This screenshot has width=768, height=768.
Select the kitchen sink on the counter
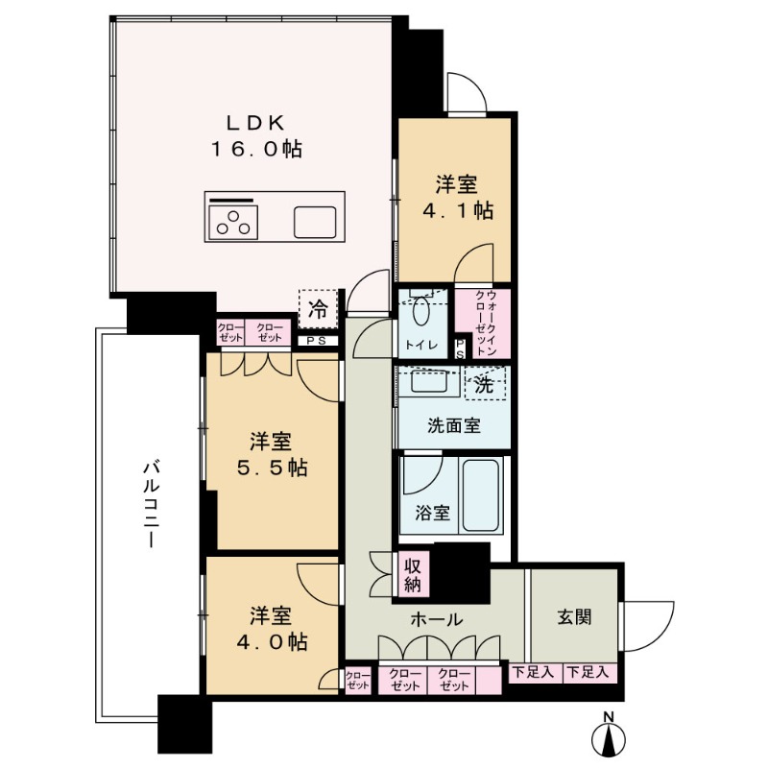(x=314, y=223)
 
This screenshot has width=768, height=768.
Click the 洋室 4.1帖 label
(x=457, y=197)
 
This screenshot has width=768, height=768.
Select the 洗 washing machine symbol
(x=485, y=386)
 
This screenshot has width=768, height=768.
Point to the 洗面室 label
(x=454, y=423)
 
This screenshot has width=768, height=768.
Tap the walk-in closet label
(x=484, y=324)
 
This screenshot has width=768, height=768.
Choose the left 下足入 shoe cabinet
(x=533, y=673)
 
